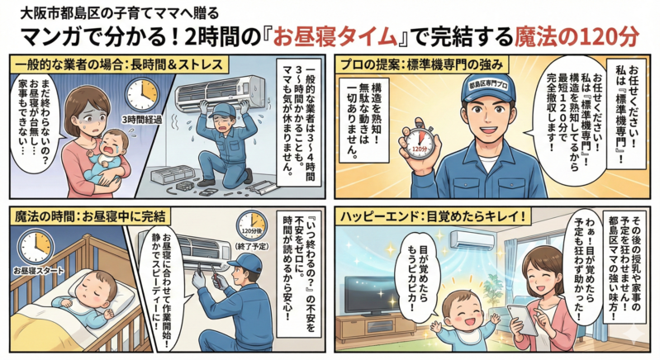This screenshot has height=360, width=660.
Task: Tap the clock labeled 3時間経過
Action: point(143,95)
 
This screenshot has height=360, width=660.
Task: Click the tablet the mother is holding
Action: point(522,319)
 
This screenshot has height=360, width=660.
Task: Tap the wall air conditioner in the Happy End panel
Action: point(472,239)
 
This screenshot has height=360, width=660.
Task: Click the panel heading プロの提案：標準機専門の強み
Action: point(421,64)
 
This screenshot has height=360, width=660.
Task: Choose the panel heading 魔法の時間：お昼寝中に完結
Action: point(90,216)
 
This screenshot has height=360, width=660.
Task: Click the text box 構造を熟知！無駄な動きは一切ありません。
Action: point(364,120)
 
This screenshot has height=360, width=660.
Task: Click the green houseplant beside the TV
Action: point(491,291)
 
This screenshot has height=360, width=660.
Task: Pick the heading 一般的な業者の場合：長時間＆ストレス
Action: point(119,64)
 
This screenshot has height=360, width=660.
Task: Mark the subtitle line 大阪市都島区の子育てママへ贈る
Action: point(120,13)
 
